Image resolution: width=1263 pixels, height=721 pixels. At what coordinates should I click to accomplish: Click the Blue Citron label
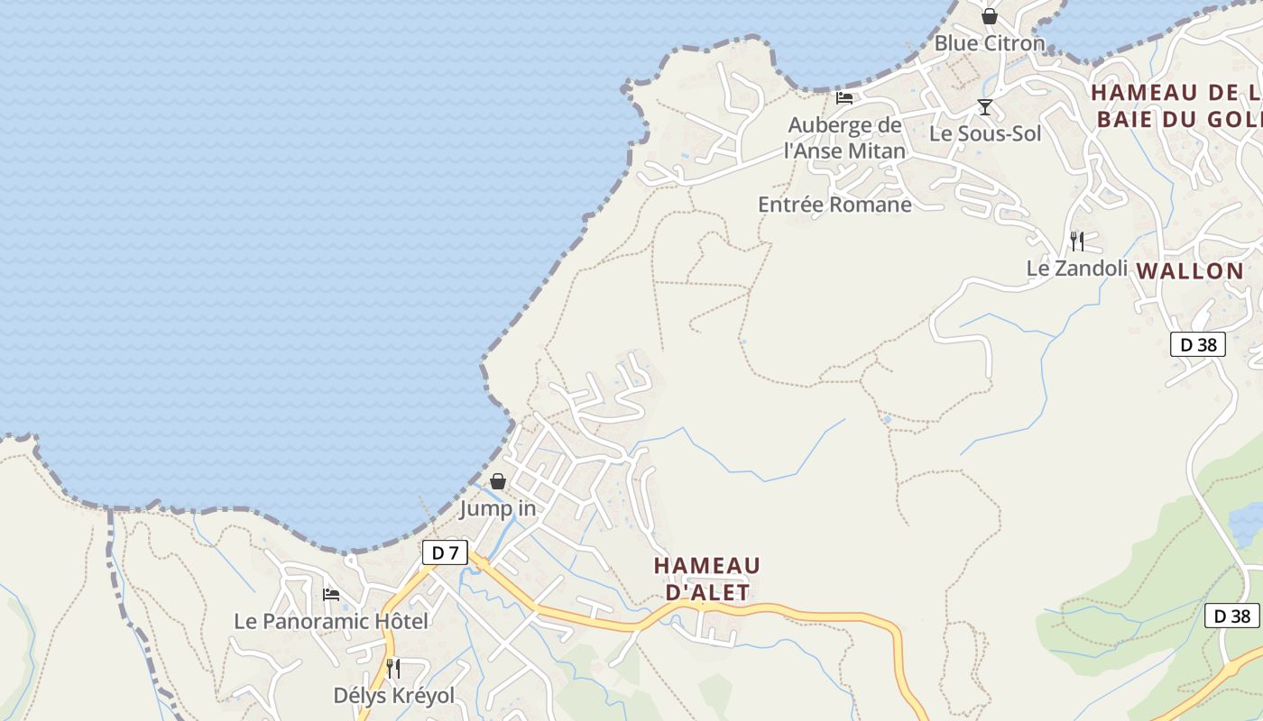[x=990, y=43]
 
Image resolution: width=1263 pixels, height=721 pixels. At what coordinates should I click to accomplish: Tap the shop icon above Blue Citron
[x=990, y=16]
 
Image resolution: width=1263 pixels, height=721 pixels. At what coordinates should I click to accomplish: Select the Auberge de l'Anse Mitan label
[x=844, y=138]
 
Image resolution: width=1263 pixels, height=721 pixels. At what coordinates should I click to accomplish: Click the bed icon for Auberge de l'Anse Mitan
[x=844, y=98]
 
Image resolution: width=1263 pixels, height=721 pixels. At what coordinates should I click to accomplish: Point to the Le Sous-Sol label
[x=985, y=133]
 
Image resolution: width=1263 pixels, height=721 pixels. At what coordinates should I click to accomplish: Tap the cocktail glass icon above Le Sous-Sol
[x=985, y=107]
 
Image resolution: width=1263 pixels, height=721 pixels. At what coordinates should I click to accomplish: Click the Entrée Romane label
[x=834, y=205]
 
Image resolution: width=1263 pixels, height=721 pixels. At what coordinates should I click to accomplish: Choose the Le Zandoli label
[x=1077, y=269]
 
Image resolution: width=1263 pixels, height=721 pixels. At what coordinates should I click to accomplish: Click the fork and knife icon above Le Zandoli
[x=1077, y=241]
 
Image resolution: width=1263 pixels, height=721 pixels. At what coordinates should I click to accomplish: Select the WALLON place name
[x=1190, y=271]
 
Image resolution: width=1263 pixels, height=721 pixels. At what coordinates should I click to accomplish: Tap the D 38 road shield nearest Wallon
[x=1198, y=344]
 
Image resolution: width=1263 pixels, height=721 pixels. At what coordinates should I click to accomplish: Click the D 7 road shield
[x=445, y=552]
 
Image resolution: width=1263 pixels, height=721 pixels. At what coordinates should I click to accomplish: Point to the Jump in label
[x=498, y=508]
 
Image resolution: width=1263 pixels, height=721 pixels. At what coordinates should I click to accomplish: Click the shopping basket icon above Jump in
[x=498, y=482]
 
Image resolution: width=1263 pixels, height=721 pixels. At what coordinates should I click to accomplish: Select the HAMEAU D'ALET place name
[x=707, y=579]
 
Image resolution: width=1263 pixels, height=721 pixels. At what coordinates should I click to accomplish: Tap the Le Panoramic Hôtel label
[x=331, y=621]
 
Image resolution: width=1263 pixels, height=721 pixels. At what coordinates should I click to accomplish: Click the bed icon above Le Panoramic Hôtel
[x=331, y=595]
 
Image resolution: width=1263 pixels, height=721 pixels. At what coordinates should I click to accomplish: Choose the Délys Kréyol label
[x=394, y=696]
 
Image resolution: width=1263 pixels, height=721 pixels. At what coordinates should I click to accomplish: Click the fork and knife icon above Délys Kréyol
[x=393, y=669]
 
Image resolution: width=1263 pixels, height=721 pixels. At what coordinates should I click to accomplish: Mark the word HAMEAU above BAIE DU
[x=1144, y=93]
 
